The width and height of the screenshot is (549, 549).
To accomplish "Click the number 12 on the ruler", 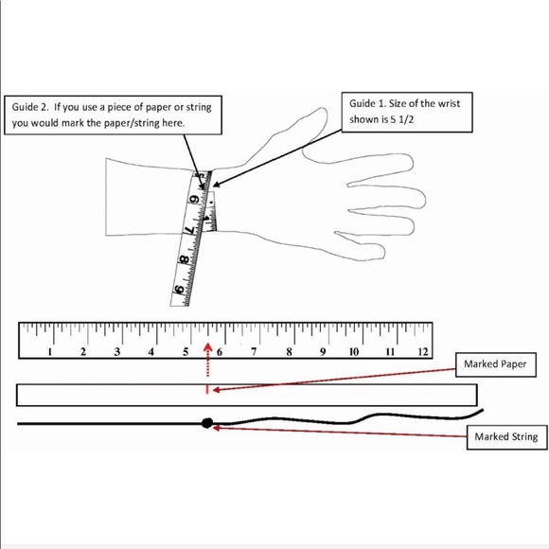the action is pyautogui.click(x=423, y=351).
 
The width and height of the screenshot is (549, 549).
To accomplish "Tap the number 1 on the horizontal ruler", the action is pyautogui.click(x=50, y=351).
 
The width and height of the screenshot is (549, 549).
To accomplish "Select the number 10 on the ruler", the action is pyautogui.click(x=354, y=351).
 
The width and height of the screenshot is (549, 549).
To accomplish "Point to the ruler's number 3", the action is pyautogui.click(x=117, y=351).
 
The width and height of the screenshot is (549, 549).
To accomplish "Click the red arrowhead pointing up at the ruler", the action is pyautogui.click(x=208, y=346).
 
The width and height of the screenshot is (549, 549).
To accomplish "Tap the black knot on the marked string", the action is pyautogui.click(x=207, y=423).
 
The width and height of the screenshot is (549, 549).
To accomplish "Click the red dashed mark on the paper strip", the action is pyautogui.click(x=207, y=389).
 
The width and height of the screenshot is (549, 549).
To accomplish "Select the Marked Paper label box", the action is pyautogui.click(x=495, y=364).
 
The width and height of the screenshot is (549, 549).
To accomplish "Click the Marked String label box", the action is pyautogui.click(x=506, y=437).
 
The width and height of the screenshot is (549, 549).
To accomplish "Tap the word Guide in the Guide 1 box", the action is pyautogui.click(x=362, y=103).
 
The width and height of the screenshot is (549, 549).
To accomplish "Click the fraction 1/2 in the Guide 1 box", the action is pyautogui.click(x=406, y=119).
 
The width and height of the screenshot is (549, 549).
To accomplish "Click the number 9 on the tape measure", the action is pyautogui.click(x=180, y=290).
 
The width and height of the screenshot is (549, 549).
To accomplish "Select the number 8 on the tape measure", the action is pyautogui.click(x=184, y=259).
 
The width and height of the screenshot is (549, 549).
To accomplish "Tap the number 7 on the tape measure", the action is pyautogui.click(x=189, y=230).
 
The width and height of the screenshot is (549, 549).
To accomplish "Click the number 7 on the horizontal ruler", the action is pyautogui.click(x=254, y=351).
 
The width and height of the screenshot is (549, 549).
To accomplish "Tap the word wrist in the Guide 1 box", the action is pyautogui.click(x=450, y=103).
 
